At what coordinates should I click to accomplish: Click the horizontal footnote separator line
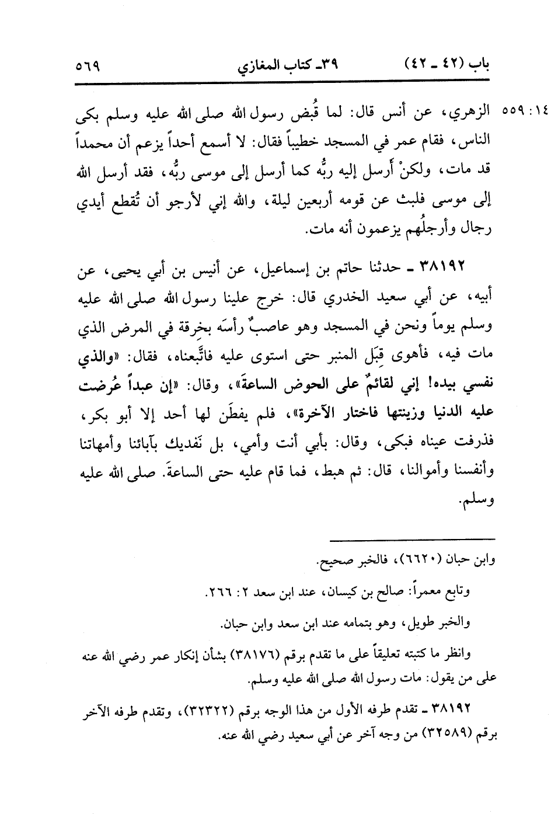(411, 538)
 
